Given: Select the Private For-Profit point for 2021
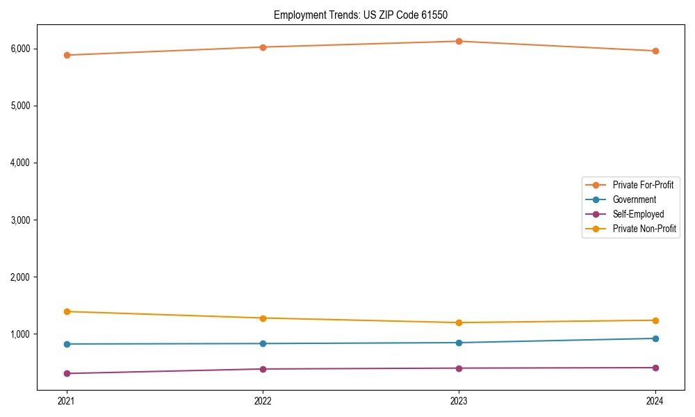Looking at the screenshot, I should (67, 55).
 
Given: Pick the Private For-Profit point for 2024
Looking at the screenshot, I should (655, 51).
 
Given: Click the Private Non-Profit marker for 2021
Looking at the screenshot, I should (67, 311).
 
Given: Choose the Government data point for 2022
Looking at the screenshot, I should (263, 343).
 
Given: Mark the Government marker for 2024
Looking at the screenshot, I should (655, 338).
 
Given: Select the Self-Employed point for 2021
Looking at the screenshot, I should (67, 373).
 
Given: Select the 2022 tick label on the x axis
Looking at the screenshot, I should (263, 401).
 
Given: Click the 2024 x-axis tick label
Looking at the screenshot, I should (655, 401).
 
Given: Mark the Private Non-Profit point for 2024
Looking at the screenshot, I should (655, 320).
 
